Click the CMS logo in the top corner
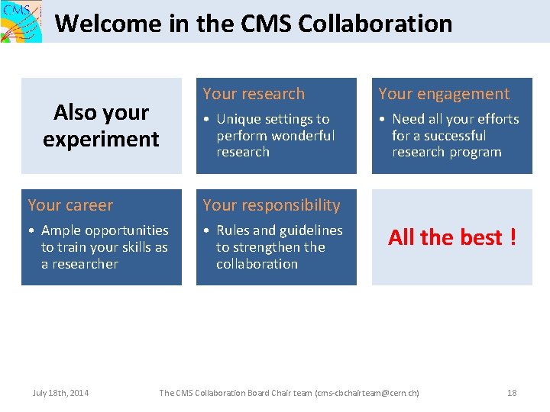point(21,21)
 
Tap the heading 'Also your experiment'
point(101,126)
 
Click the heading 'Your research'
point(254,94)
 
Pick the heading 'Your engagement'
point(444,94)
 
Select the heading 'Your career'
point(70,205)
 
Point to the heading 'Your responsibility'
point(271,205)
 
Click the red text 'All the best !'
point(452,237)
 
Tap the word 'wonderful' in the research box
point(304,136)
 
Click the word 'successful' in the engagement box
point(449,136)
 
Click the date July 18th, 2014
point(60,393)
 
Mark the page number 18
point(512,393)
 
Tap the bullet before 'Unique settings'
point(206,120)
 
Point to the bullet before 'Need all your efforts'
point(382,120)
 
